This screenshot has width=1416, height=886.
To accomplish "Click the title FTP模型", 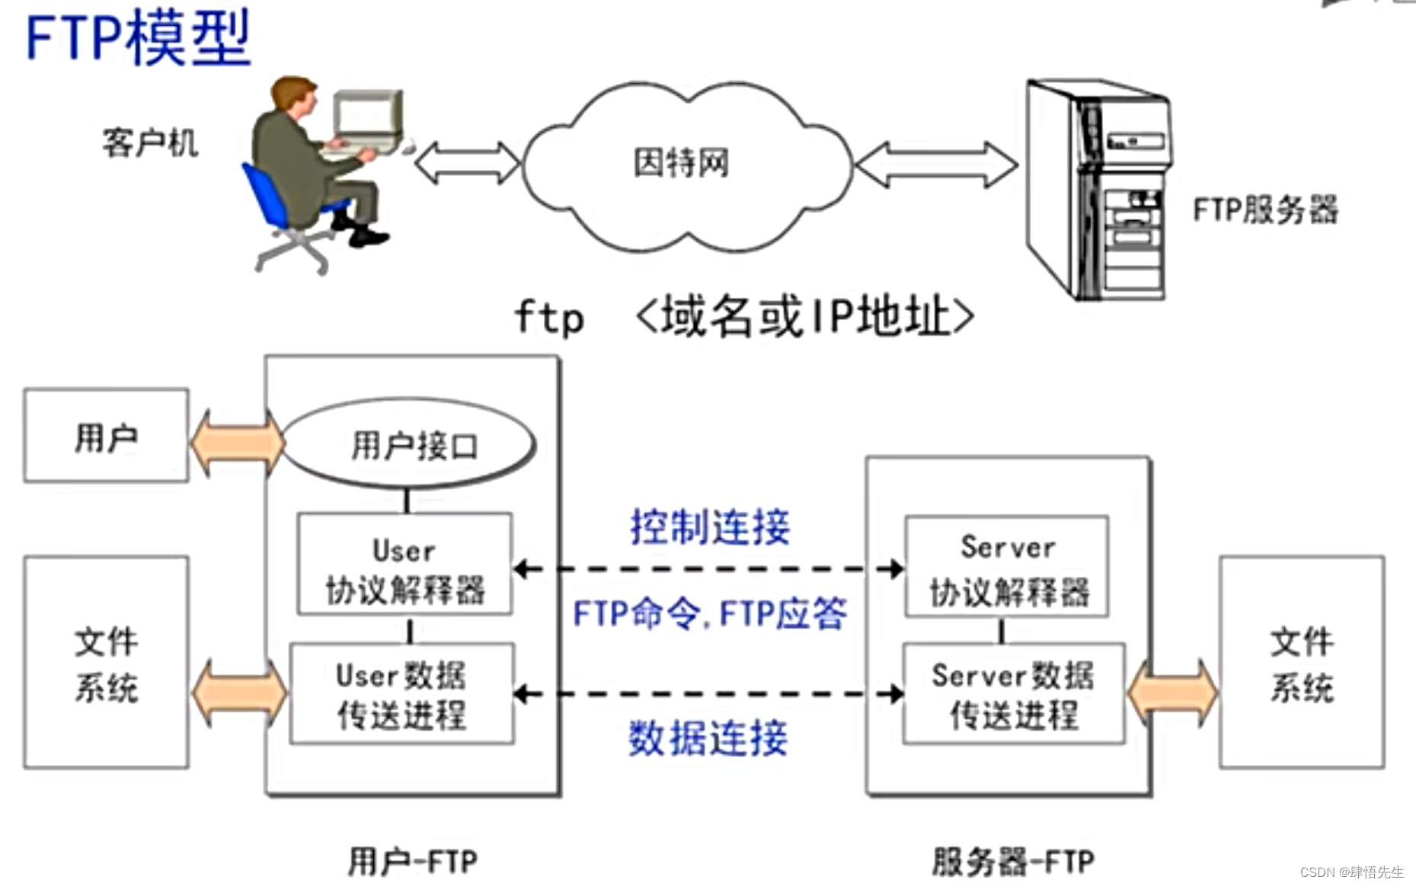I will coord(138,38).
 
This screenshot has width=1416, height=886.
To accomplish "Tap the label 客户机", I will coord(150,143).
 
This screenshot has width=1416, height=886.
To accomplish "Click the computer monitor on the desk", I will coord(368,117).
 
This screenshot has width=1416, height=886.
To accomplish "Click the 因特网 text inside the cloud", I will coord(681,162).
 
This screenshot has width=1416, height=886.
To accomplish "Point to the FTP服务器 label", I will coord(1264,210).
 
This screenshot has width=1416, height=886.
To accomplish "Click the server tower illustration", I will coord(1097,190).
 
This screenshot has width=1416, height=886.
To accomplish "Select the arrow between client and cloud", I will coord(467,162).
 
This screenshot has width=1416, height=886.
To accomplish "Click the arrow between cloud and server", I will coord(936,164).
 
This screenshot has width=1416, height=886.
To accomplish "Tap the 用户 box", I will coord(106,436).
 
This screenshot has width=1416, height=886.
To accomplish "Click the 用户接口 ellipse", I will coord(412,445).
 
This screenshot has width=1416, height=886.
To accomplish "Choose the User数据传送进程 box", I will coord(402,694).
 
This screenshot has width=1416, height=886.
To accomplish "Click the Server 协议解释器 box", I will coord(1007,567).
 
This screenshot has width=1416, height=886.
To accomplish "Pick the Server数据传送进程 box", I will coord(1013,694).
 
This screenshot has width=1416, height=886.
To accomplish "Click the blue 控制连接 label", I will coord(710,527).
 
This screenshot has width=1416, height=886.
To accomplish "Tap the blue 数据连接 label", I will coord(708,738).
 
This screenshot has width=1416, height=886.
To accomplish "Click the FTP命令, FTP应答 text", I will coord(709,614).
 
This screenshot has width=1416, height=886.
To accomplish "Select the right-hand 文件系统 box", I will coord(1301,662).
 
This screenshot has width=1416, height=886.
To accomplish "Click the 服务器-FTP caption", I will coord(1012,862).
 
